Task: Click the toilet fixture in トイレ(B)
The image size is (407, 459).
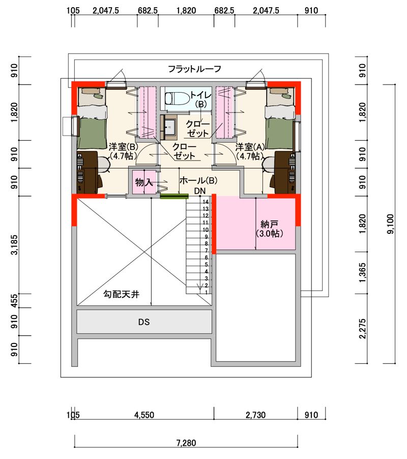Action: tap(178, 98)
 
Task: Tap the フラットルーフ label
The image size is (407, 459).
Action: tap(194, 69)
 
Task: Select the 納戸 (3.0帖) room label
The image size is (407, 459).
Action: tap(269, 229)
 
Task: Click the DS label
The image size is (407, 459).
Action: tap(144, 322)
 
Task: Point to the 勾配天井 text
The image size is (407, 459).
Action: tap(122, 294)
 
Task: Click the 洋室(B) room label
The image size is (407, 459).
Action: tap(123, 151)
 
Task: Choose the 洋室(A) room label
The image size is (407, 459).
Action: tap(250, 151)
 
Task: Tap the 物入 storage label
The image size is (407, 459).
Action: tap(144, 182)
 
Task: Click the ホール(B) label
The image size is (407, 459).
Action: tap(198, 180)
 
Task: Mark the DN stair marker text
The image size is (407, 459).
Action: tap(200, 191)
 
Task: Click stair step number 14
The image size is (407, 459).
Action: tap(206, 202)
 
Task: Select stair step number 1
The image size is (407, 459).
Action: tap(206, 292)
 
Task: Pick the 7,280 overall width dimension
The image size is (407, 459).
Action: tap(186, 443)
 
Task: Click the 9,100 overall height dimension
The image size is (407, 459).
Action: tap(391, 224)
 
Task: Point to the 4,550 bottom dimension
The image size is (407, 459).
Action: tap(144, 415)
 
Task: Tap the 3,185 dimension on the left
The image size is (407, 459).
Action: tap(14, 245)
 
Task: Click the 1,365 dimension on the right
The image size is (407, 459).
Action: tap(362, 273)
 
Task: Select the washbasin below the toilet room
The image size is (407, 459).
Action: tap(168, 127)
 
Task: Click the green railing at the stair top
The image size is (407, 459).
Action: tap(175, 196)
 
